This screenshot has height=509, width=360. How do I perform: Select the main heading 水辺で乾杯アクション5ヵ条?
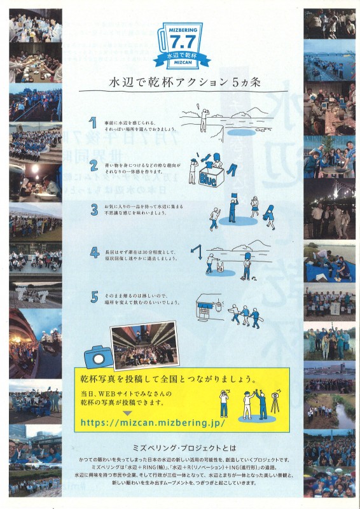[x=180, y=84]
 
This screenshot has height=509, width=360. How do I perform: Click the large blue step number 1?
[x=93, y=122]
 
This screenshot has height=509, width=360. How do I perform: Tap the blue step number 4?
[x=93, y=254]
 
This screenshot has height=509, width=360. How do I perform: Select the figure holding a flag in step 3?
[x=232, y=210]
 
